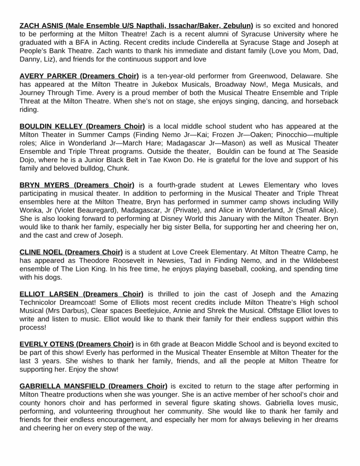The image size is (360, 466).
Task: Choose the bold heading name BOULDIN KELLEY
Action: (x=51, y=126)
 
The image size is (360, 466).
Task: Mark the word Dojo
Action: (x=28, y=160)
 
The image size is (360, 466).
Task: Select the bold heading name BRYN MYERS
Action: (x=45, y=185)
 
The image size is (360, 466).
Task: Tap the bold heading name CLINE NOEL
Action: (x=41, y=252)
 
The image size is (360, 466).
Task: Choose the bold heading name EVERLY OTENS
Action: (x=47, y=344)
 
